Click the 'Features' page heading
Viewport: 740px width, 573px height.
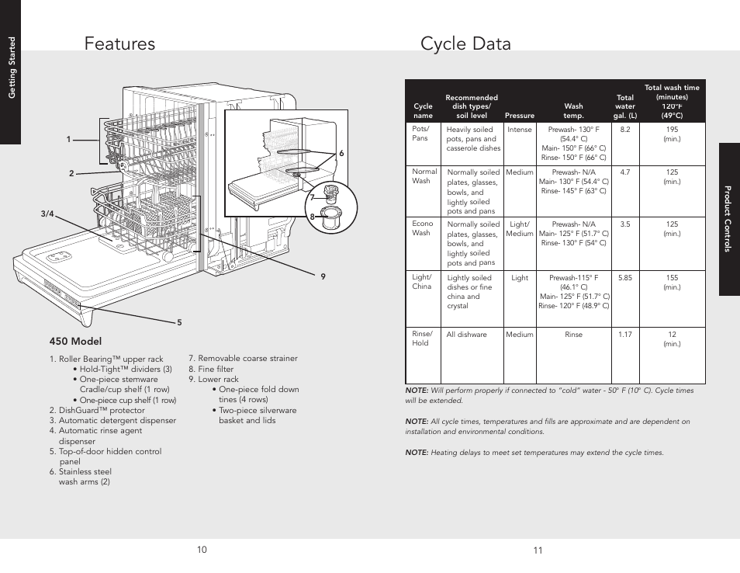(120, 44)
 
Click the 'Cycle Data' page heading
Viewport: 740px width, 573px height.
(465, 44)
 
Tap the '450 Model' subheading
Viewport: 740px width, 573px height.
(75, 342)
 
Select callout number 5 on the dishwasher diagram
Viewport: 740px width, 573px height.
(178, 322)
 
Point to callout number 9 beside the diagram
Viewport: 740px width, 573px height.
(323, 277)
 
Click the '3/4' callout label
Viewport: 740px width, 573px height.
(47, 215)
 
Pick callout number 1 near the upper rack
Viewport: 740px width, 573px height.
(68, 140)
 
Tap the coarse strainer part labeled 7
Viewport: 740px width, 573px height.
(334, 192)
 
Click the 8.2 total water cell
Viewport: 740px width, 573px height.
(625, 130)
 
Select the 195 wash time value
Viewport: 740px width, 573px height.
(672, 130)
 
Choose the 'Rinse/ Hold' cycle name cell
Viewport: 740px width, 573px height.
(420, 339)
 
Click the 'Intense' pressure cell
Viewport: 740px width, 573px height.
(520, 130)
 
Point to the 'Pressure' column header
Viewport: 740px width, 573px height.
(520, 116)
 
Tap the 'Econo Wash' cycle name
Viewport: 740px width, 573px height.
(422, 228)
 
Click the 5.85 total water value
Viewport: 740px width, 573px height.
(625, 277)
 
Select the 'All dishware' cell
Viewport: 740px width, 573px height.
(466, 335)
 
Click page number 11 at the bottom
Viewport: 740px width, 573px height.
(538, 550)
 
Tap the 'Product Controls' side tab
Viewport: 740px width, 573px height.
(729, 219)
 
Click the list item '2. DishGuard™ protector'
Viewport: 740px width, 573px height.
(97, 410)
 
